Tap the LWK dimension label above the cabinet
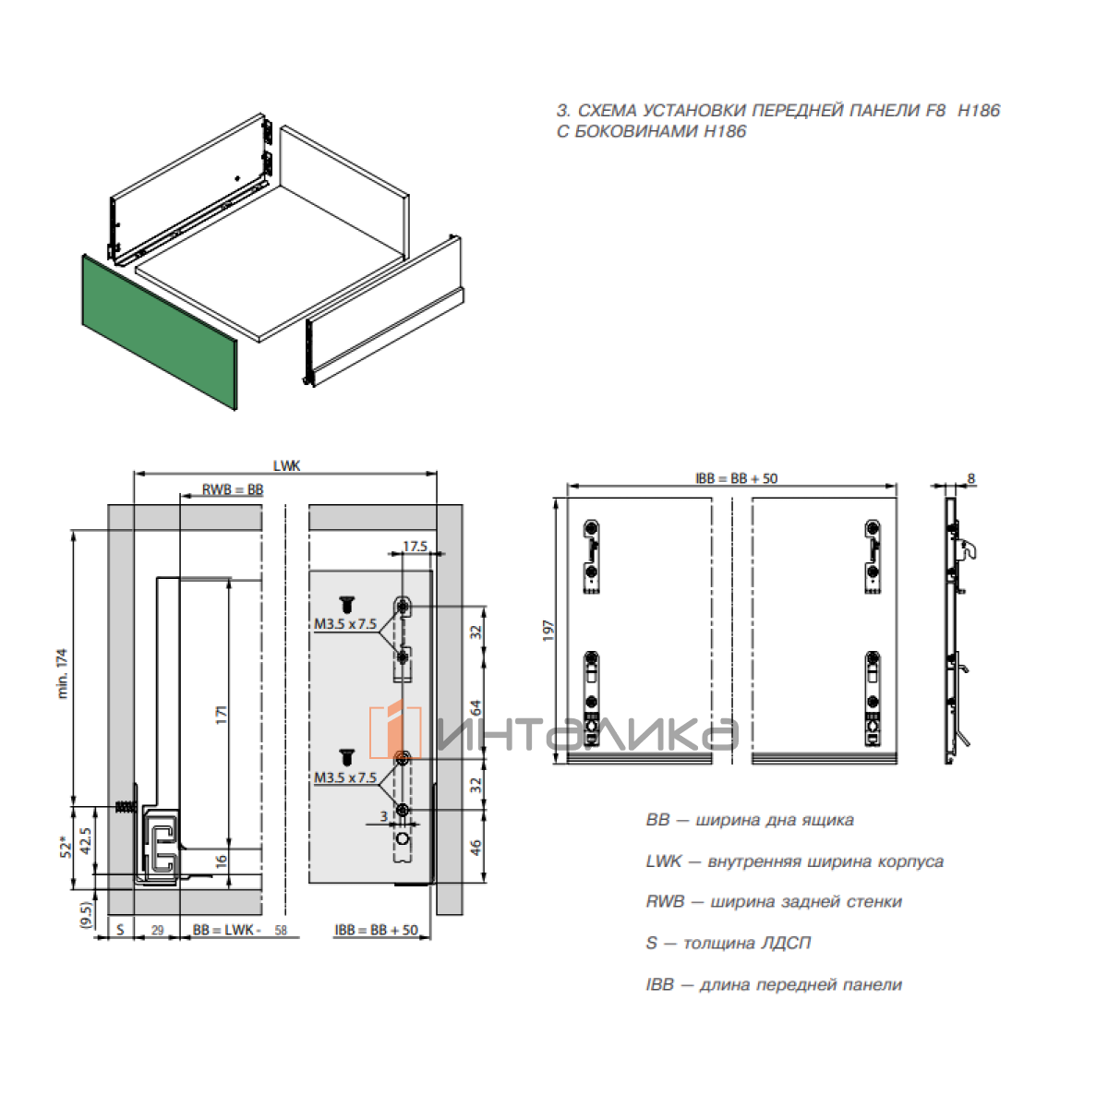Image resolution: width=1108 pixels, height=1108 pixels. click(286, 466)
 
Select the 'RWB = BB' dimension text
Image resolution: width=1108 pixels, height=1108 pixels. click(233, 489)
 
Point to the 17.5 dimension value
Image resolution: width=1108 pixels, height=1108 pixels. click(415, 547)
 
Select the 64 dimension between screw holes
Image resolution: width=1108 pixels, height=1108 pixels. click(476, 708)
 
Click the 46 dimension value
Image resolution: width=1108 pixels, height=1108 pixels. click(476, 847)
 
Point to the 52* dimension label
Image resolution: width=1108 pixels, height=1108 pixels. click(64, 847)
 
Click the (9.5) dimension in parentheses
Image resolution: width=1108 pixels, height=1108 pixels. click(86, 913)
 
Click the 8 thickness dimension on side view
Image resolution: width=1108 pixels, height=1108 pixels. click(970, 479)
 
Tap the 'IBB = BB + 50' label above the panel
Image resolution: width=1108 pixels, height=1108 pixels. click(736, 478)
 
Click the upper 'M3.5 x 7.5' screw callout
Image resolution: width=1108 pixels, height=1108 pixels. click(344, 624)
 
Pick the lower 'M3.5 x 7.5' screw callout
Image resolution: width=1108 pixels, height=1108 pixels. click(344, 777)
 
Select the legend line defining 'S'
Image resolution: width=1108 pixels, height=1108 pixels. click(729, 943)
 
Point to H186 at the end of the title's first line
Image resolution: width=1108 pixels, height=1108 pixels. click(979, 111)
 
